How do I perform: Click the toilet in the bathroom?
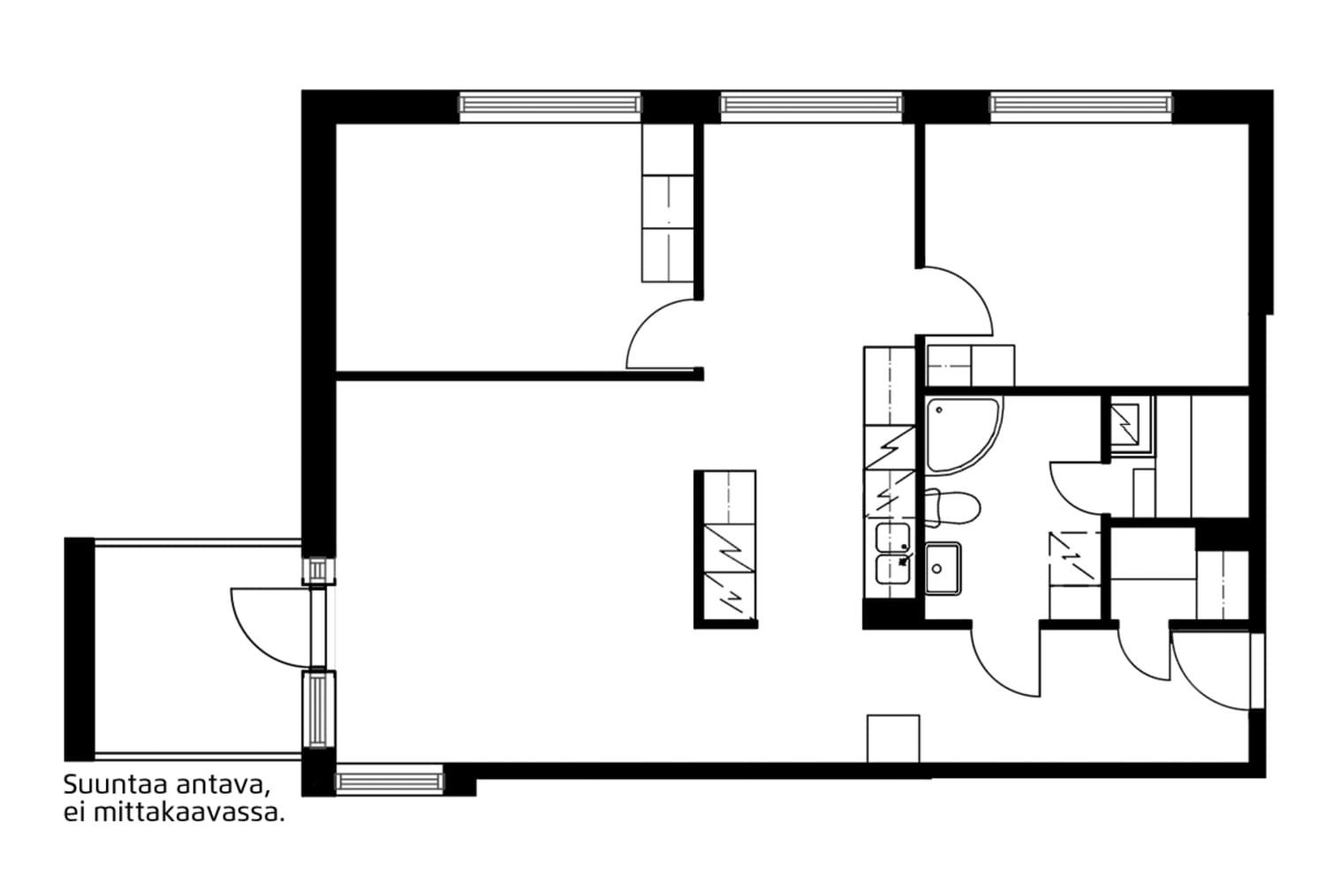click(952, 508)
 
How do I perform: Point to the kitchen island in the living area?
click(726, 549)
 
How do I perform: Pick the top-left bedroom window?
click(549, 105)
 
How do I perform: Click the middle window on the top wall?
click(811, 105)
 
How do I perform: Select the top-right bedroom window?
click(1080, 105)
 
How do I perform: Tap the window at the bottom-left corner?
click(390, 781)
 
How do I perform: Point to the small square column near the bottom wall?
click(893, 738)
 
